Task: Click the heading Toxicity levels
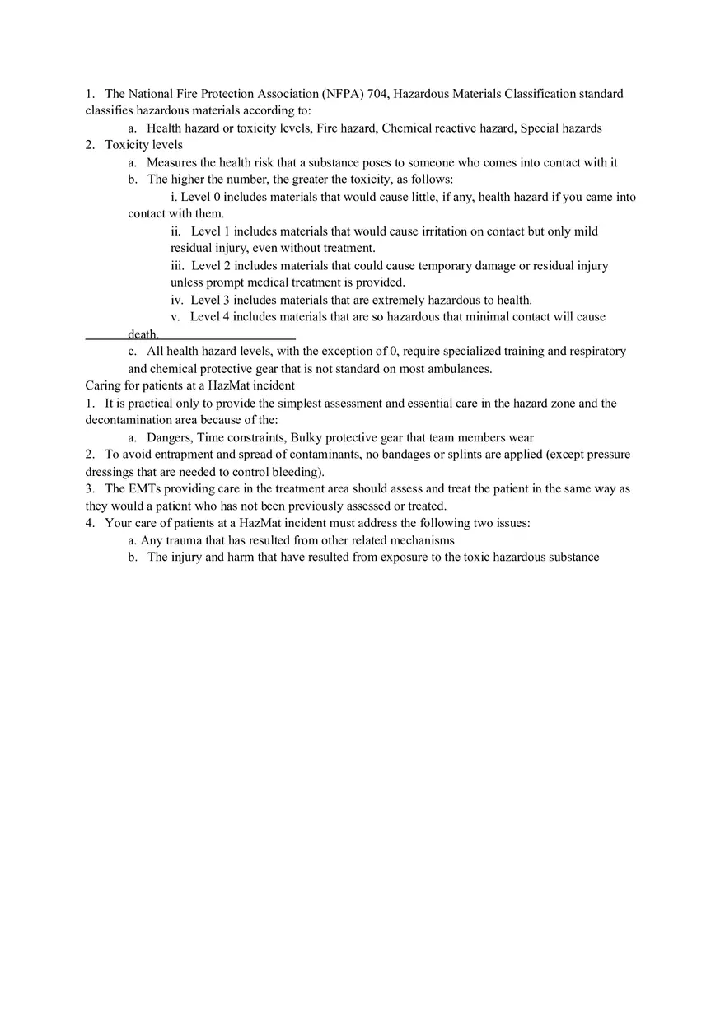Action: click(x=143, y=145)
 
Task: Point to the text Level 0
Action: click(x=200, y=197)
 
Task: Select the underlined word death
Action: click(x=143, y=334)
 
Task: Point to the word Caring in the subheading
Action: click(x=103, y=385)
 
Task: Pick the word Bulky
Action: click(x=306, y=438)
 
